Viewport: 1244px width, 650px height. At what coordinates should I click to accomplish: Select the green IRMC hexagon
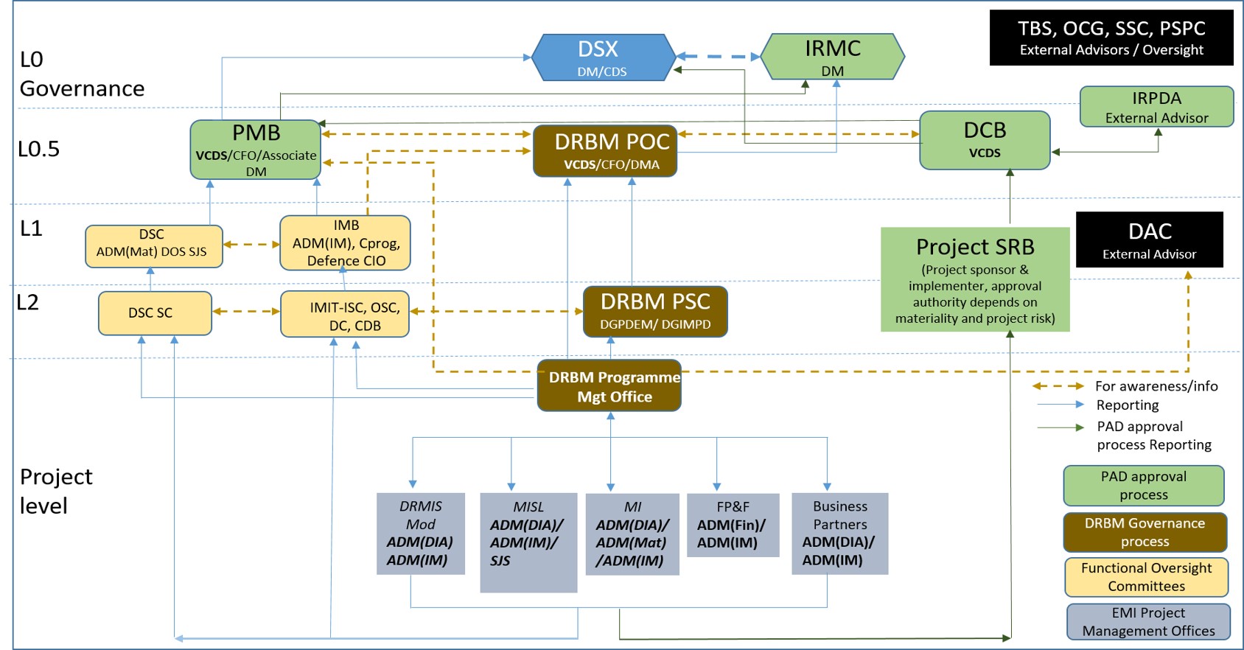click(x=832, y=57)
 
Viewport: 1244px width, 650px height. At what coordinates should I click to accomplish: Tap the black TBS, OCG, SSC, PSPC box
click(x=1111, y=38)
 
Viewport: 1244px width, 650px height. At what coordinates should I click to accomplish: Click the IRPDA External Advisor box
click(x=1156, y=107)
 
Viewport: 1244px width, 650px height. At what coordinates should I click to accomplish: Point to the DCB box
click(x=985, y=140)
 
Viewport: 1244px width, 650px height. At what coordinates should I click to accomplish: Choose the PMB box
click(x=256, y=150)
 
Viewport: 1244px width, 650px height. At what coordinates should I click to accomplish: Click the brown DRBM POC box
click(x=605, y=150)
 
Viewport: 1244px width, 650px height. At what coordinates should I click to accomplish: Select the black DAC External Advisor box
click(x=1149, y=240)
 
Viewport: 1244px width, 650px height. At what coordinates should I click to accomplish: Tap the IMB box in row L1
click(x=345, y=242)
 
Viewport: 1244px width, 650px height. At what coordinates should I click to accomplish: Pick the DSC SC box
click(x=155, y=313)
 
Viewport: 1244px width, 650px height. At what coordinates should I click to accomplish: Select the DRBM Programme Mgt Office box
click(x=609, y=386)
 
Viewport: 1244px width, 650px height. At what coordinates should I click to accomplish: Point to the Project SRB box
click(x=974, y=279)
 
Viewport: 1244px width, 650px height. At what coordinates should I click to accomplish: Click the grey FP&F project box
click(x=733, y=525)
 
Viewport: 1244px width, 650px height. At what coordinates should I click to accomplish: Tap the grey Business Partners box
click(x=839, y=533)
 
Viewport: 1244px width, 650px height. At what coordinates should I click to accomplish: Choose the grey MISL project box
click(x=528, y=542)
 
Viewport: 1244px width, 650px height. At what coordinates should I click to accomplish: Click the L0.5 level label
click(x=38, y=150)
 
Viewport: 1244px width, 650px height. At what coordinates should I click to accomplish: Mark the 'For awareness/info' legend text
click(x=1156, y=386)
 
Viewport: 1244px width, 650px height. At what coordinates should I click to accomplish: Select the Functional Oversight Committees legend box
click(x=1146, y=577)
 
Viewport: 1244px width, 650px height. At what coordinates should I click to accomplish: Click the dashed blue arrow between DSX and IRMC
click(x=718, y=57)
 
